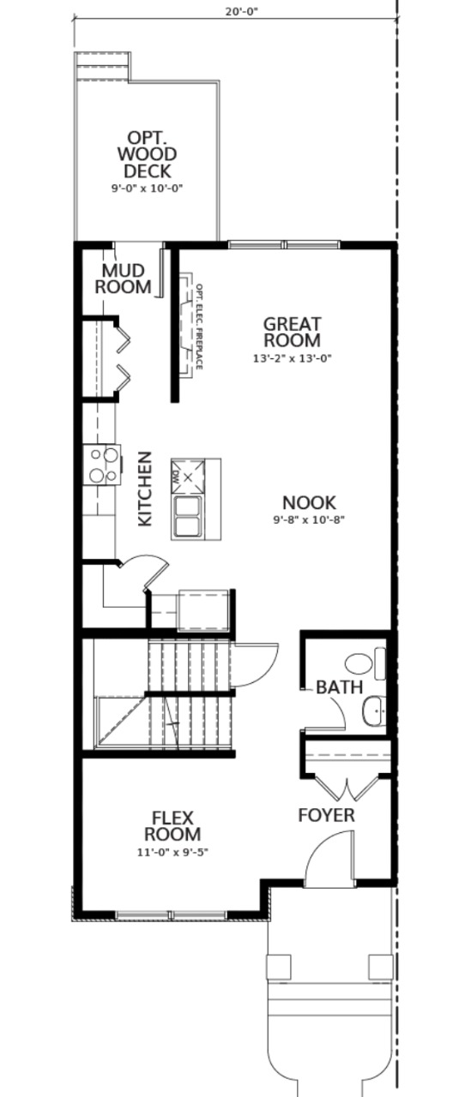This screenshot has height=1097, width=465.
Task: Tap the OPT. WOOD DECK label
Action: (x=148, y=153)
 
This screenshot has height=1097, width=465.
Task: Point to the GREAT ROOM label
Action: (x=292, y=333)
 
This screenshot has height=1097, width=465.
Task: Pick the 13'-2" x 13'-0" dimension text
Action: (x=292, y=358)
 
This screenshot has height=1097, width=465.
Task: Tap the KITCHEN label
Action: (x=146, y=489)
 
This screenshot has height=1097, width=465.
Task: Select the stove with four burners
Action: (x=101, y=465)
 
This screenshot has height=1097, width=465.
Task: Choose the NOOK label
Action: (x=309, y=502)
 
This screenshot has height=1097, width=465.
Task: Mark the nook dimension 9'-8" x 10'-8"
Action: (x=309, y=520)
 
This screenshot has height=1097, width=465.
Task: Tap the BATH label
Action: (x=339, y=687)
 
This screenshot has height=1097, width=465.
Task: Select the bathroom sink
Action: (x=372, y=710)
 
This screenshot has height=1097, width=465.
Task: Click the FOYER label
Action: (x=326, y=815)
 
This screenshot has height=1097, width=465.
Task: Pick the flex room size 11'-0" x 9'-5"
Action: (x=172, y=852)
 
